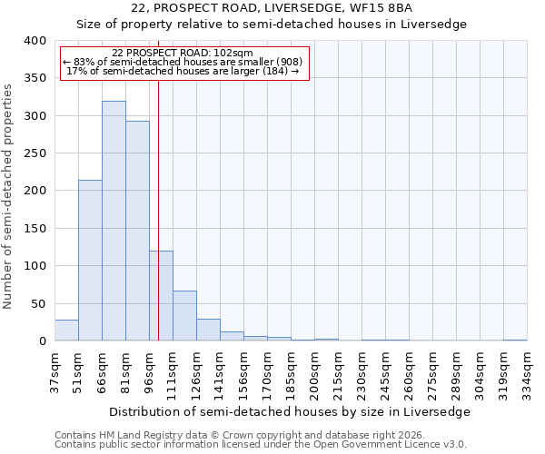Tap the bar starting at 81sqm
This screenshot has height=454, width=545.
[137, 231]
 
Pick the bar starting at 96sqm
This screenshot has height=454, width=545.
[161, 296]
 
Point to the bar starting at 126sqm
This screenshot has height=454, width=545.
[208, 330]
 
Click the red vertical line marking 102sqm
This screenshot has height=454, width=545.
[158, 200]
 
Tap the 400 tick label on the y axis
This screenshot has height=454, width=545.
[35, 41]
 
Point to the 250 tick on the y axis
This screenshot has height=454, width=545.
[35, 153]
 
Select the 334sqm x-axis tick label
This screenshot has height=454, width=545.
[527, 372]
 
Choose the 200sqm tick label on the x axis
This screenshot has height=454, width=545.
[314, 372]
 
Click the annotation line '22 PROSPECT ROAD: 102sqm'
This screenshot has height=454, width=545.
[183, 53]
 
